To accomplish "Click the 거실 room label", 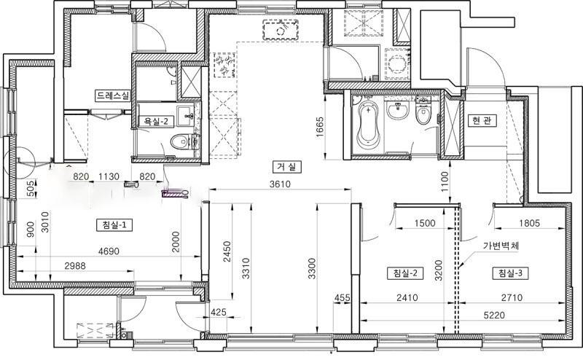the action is click(x=286, y=167).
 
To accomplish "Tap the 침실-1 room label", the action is click(x=114, y=225).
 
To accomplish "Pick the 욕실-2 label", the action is click(x=156, y=122).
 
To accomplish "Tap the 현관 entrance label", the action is click(x=482, y=120).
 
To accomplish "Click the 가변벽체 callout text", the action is click(x=501, y=246).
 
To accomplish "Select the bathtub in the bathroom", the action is click(x=369, y=125).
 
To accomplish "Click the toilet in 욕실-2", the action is click(x=180, y=141).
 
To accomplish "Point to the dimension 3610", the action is click(x=280, y=184).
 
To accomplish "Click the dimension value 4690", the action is click(x=109, y=251).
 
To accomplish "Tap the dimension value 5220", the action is click(x=495, y=316).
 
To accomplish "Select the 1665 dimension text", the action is click(x=320, y=127).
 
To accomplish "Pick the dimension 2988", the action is click(x=75, y=265).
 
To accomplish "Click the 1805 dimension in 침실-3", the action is click(x=530, y=223).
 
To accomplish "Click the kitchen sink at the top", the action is click(x=281, y=30).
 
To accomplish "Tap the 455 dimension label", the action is click(x=342, y=297).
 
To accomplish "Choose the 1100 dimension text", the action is click(x=445, y=181).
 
